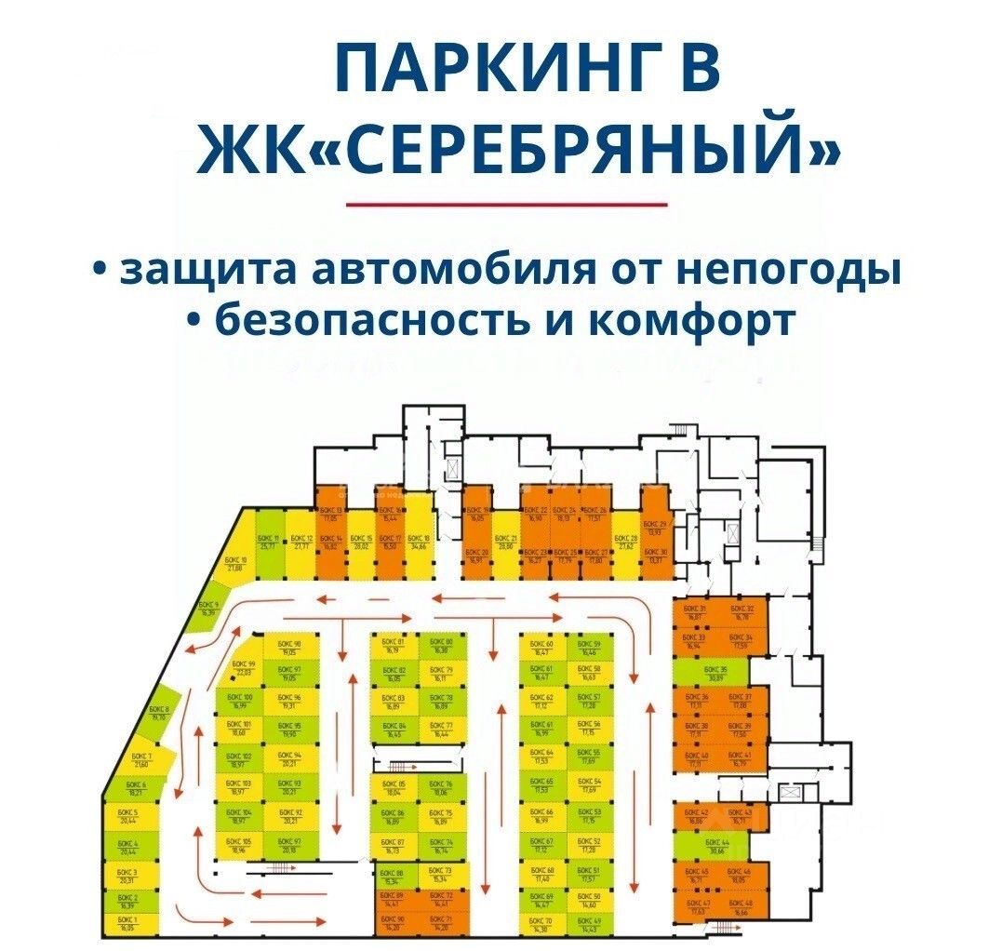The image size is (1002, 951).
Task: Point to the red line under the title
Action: click(x=506, y=204)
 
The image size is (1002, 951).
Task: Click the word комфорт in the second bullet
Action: click(x=692, y=320)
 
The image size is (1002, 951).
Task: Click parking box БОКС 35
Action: click(x=715, y=673)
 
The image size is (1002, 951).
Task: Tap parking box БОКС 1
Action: click(x=127, y=923)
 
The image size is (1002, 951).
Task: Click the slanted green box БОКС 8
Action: click(x=160, y=712)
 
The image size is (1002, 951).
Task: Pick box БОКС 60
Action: click(x=542, y=648)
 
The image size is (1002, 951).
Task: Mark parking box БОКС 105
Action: click(x=239, y=845)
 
